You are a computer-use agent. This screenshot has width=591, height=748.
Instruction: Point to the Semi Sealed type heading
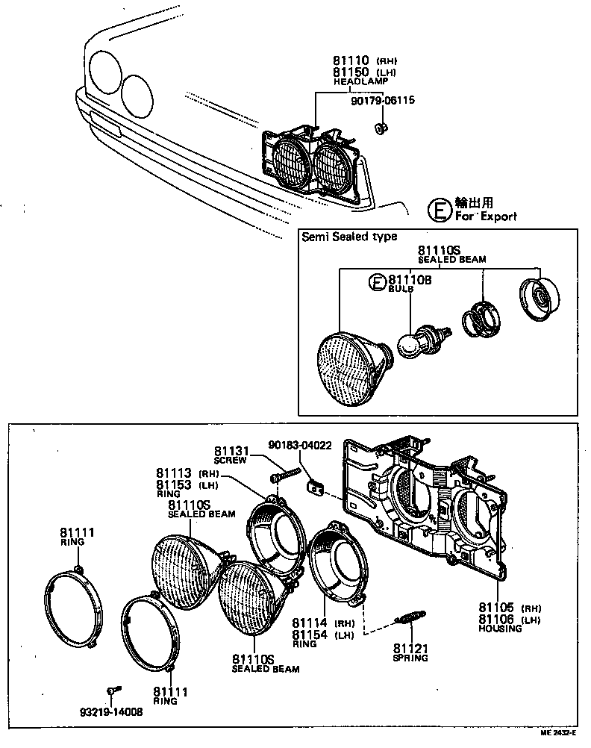[349, 237]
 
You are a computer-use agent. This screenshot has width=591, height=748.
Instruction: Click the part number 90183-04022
[300, 444]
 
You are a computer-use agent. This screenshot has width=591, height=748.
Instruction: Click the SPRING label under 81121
[410, 658]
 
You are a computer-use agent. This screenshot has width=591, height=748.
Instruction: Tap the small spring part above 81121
[408, 618]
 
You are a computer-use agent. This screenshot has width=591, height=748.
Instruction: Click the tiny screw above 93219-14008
[113, 689]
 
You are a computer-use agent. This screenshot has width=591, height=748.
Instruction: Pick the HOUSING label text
[499, 629]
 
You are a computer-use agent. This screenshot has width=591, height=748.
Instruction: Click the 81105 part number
[495, 608]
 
